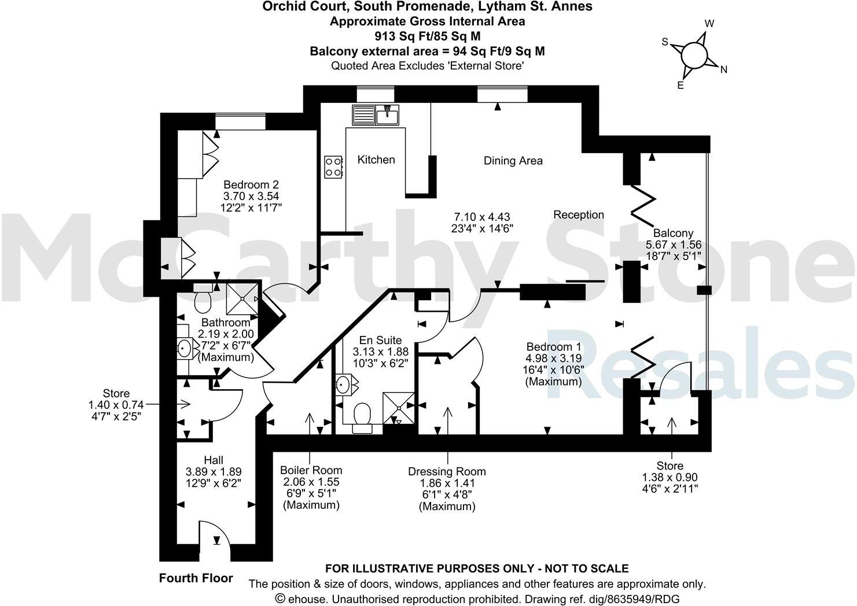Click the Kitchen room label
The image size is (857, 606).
pos(376,160)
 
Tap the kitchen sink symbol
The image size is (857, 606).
pos(374,114)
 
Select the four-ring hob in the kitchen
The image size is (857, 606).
pos(333,167)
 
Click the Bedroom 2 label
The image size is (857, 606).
pos(252,185)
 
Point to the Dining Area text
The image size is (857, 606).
pos(513,161)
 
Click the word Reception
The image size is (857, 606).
pos(579,215)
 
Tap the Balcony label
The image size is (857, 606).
pos(673,234)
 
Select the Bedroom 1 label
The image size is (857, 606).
pos(554,347)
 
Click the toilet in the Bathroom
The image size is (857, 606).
pos(203,301)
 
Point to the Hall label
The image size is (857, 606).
pos(214,460)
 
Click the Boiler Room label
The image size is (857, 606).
pos(311,470)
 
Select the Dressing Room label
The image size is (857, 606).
pos(447,471)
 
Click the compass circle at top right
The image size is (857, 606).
pos(694,56)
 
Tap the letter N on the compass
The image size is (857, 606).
pos(723,70)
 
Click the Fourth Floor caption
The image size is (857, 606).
pos(196,578)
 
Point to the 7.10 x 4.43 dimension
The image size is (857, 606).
pos(481,217)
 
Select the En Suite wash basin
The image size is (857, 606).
pos(343,383)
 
